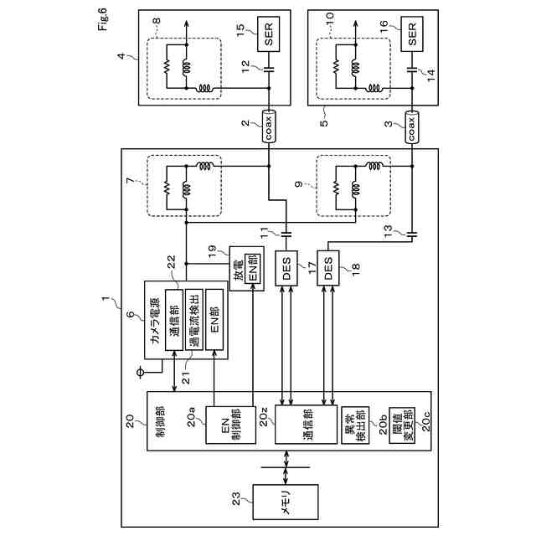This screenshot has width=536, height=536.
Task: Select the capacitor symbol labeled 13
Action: [411, 234]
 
